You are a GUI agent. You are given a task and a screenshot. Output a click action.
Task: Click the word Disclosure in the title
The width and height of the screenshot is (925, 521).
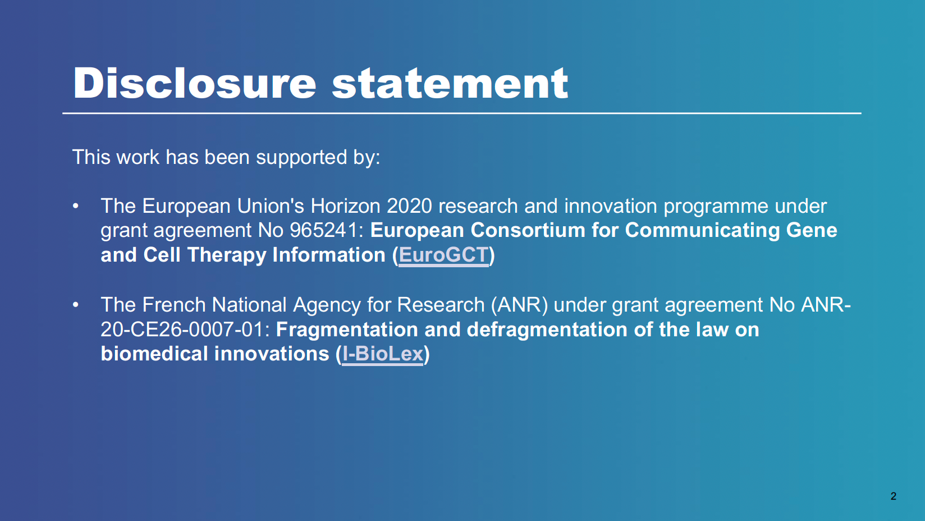(195, 83)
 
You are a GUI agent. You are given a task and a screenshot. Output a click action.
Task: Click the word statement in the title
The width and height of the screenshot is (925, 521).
(450, 84)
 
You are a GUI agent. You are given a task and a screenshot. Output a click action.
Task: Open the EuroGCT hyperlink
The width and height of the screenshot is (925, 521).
(443, 254)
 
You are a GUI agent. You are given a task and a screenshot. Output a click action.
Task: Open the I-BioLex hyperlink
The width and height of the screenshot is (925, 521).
(383, 354)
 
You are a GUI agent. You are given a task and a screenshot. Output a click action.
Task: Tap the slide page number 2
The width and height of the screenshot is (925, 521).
(893, 496)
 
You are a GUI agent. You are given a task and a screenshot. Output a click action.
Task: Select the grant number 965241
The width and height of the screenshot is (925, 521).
(324, 230)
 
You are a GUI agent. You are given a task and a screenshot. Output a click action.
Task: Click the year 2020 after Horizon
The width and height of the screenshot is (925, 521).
(409, 205)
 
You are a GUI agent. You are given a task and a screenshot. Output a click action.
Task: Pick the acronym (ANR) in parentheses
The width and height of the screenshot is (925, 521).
(520, 305)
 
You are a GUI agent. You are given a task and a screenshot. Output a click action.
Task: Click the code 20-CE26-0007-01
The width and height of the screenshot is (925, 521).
(185, 330)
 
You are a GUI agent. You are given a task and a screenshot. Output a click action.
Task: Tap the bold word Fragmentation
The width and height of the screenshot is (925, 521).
(347, 330)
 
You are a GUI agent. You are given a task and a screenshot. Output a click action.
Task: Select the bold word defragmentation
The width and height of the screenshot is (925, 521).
(547, 330)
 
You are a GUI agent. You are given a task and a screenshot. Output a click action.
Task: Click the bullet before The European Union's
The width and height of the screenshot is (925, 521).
(76, 205)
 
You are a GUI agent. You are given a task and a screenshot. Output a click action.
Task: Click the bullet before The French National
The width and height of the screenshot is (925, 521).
(76, 305)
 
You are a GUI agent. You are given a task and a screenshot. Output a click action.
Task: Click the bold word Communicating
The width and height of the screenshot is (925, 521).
(702, 231)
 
